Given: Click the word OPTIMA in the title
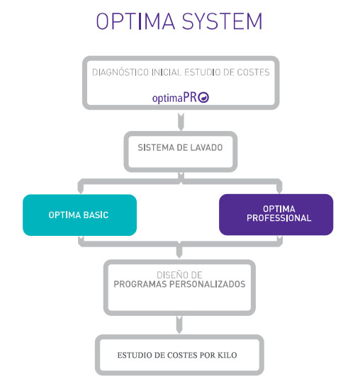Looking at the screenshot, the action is pyautogui.click(x=135, y=21).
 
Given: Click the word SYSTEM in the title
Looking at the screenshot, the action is pyautogui.click(x=222, y=21).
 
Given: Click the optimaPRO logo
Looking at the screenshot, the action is pyautogui.click(x=181, y=97).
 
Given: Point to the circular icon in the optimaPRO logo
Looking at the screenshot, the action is pyautogui.click(x=203, y=97).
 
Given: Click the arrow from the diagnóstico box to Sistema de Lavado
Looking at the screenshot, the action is pyautogui.click(x=181, y=122).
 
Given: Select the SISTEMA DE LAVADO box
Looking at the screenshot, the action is pyautogui.click(x=181, y=152).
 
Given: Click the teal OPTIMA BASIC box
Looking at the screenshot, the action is pyautogui.click(x=79, y=215).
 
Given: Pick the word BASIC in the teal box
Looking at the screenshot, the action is pyautogui.click(x=96, y=215).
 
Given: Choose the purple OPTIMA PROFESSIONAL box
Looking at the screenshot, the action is pyautogui.click(x=276, y=215).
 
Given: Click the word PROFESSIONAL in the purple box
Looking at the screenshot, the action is pyautogui.click(x=279, y=218).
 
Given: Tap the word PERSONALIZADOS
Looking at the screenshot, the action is pyautogui.click(x=208, y=284).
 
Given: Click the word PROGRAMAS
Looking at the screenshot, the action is pyautogui.click(x=140, y=284).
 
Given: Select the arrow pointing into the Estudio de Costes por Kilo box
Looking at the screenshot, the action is pyautogui.click(x=179, y=324).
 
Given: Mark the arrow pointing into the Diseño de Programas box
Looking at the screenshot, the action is pyautogui.click(x=179, y=251).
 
